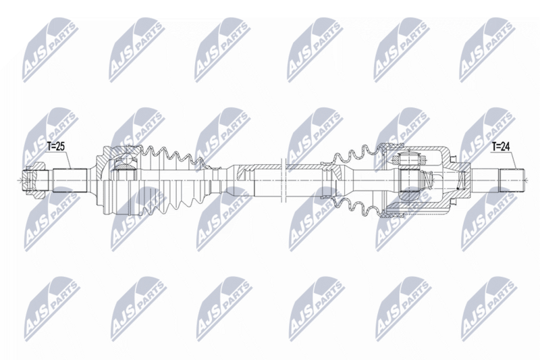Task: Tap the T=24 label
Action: click(x=502, y=145)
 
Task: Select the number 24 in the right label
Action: click(x=506, y=145)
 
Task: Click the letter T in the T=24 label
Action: click(x=493, y=145)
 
